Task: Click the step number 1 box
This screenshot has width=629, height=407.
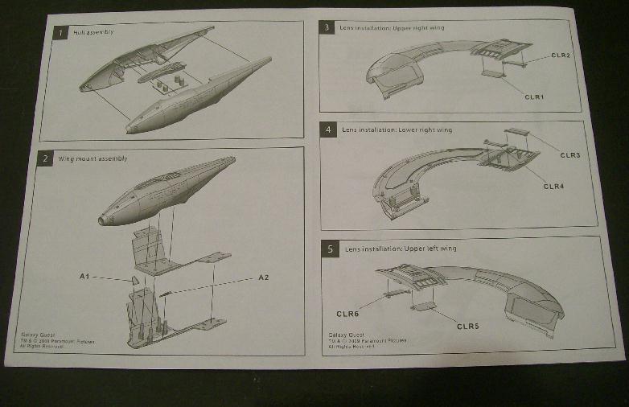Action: click(x=60, y=33)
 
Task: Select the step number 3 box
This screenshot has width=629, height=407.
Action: click(x=327, y=28)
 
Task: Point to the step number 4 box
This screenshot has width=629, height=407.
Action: click(x=327, y=129)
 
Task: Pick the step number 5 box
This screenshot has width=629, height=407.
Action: click(x=331, y=249)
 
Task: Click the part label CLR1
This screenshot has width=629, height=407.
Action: click(x=534, y=97)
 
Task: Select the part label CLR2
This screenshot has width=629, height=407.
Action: click(x=561, y=55)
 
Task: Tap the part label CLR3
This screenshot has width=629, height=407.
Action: click(x=569, y=154)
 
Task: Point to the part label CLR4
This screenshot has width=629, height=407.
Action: click(x=554, y=186)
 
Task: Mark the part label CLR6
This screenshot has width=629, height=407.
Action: click(x=347, y=312)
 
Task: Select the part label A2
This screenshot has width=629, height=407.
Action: click(x=263, y=277)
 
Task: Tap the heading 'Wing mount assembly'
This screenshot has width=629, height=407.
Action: click(x=92, y=158)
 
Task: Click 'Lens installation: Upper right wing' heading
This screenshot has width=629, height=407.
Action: click(x=393, y=28)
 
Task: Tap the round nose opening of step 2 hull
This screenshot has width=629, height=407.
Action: click(x=105, y=219)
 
